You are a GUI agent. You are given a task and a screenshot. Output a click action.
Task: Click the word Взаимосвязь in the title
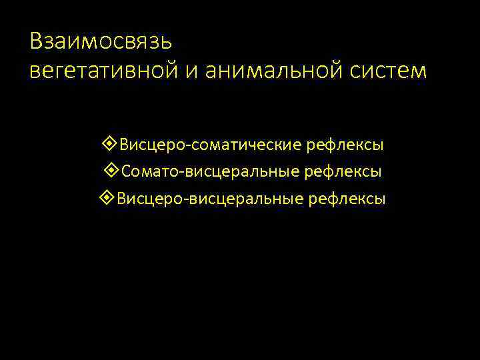[x=101, y=41]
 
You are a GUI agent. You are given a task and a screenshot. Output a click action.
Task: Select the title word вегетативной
[x=101, y=70]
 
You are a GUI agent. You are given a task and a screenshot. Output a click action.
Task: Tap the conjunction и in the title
[x=189, y=71]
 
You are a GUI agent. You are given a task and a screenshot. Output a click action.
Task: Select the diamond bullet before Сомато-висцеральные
[x=111, y=171]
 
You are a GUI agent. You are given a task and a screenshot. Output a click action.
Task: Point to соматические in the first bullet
[x=241, y=144]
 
